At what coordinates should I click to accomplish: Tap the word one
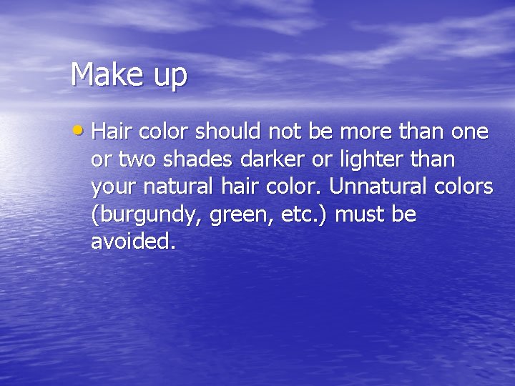[469, 132]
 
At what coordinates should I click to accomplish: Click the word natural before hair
[178, 187]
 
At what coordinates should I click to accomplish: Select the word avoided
[132, 242]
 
